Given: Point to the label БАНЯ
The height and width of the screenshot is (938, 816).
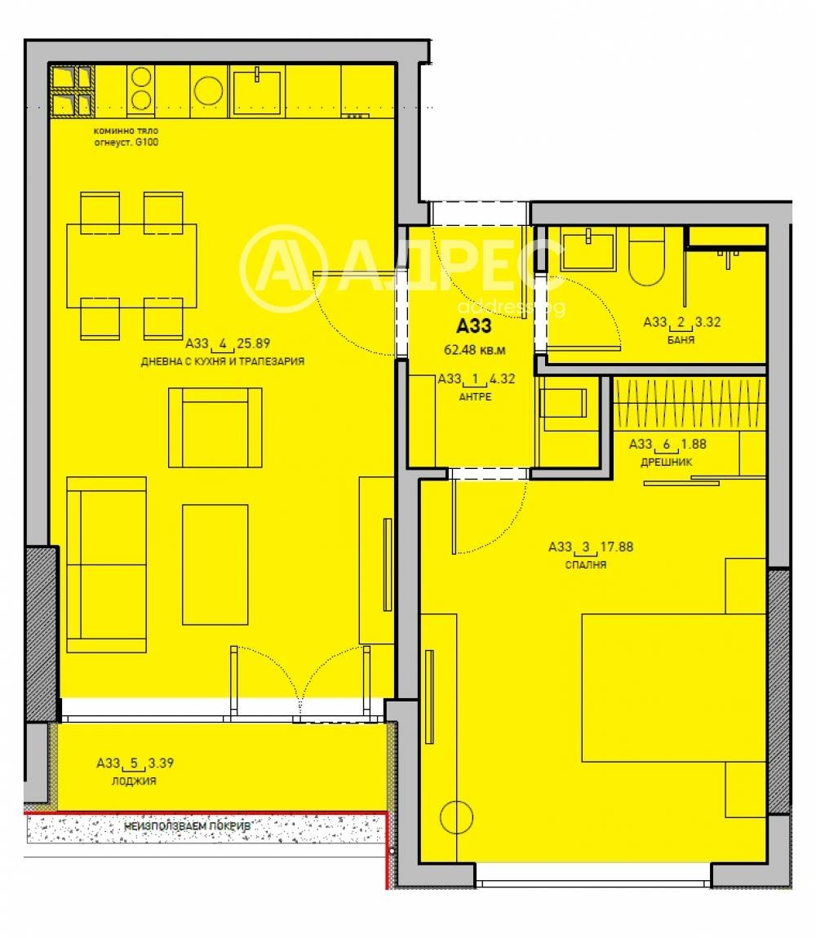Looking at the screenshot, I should [x=681, y=339].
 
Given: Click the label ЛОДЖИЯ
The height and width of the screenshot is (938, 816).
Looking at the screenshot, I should [x=134, y=781].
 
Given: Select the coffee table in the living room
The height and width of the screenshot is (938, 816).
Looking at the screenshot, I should [x=215, y=564].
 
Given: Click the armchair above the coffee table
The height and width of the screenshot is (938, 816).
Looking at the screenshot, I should [x=215, y=427].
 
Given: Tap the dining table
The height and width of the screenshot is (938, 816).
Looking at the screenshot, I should [x=131, y=263].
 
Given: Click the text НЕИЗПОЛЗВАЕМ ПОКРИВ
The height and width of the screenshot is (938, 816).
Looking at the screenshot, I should [x=187, y=826].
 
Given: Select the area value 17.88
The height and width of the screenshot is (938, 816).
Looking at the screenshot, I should [x=616, y=547].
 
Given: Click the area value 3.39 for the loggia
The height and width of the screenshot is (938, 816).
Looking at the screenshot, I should [x=160, y=764].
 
